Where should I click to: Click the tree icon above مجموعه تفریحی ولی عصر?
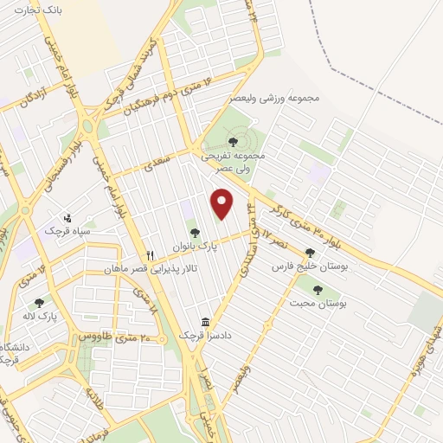pos(232,141)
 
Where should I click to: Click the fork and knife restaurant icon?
pos(150,255)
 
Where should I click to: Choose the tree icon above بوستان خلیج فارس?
pos(310,253)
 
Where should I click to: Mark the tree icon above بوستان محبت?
pos(318,291)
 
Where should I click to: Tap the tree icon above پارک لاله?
pos(38,303)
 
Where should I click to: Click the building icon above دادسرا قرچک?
pos(205,319)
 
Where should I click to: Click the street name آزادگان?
pos(29,98)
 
